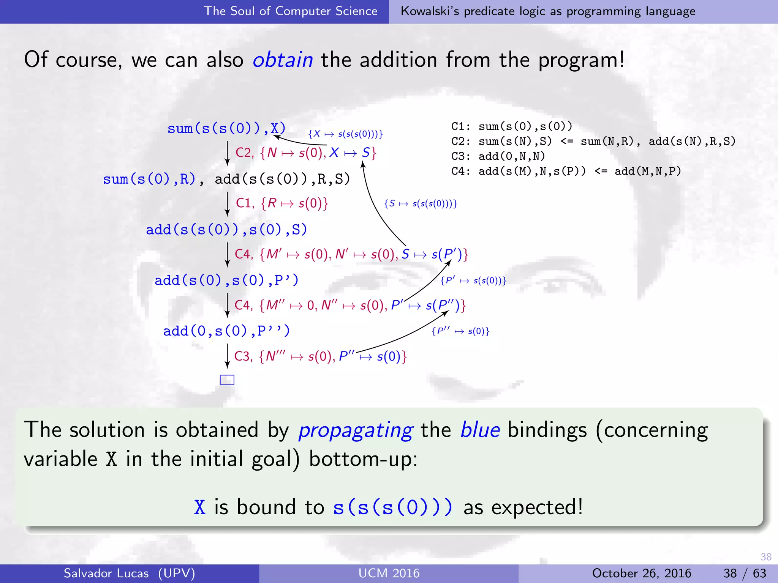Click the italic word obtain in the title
point(283,60)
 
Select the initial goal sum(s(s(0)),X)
point(226,128)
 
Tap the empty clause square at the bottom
point(227,380)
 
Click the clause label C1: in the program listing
point(460,126)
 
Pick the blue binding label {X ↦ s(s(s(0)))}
point(345,134)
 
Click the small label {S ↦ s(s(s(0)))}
point(420,204)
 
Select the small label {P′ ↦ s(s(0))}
point(473,281)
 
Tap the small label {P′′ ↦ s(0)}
point(460,331)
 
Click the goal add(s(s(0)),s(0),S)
point(226,230)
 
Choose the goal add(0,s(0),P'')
point(226,331)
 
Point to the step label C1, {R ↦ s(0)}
point(282,203)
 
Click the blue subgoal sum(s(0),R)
point(149,179)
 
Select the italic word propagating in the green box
point(355,430)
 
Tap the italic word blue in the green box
point(480,430)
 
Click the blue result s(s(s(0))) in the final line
point(393,507)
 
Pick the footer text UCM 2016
point(389,573)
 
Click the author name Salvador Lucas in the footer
point(106,573)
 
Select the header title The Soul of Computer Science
point(291,11)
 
